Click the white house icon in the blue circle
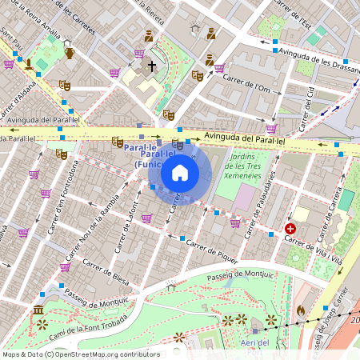click(x=180, y=172)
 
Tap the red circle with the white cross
click(x=290, y=229)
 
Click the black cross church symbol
click(x=152, y=68)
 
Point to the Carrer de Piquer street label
click(x=212, y=246)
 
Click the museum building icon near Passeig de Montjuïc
click(x=38, y=310)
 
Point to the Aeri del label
click(x=251, y=342)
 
